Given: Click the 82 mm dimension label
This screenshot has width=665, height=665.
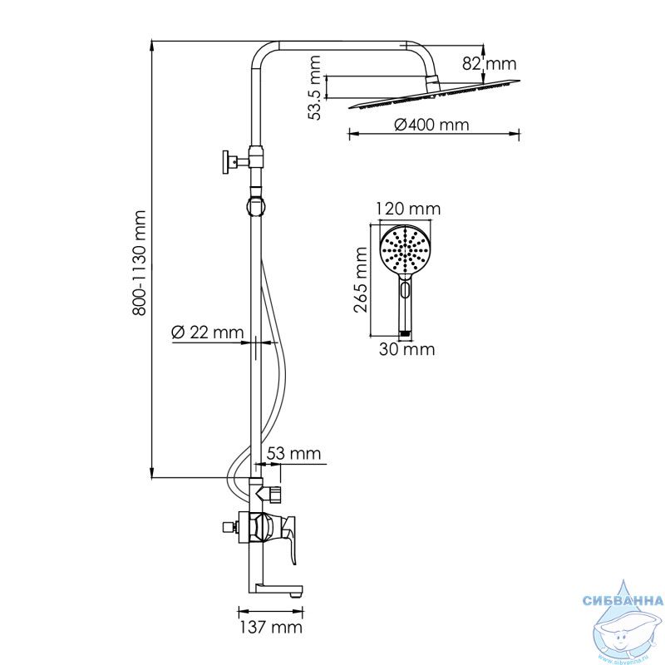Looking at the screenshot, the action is coord(489,64).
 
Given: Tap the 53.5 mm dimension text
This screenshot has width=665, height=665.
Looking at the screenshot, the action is coord(315,87).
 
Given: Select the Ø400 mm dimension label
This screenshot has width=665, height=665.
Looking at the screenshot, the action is coord(431,125).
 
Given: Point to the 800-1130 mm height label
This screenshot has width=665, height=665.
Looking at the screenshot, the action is coord(139,263).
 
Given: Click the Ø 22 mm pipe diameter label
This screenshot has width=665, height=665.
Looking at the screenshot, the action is coord(207,332).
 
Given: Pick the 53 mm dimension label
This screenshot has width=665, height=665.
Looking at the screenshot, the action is coord(293,453).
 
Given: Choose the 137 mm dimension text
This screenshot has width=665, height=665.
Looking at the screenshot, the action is coord(271,627).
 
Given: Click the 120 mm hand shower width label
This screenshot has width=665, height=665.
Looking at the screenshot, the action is coord(408,209).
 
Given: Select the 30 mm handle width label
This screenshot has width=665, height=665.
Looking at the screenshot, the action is coord(406,349).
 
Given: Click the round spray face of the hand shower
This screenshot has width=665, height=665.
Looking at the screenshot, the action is coord(405,250).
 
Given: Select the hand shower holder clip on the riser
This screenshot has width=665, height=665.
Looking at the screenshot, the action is coord(255,205).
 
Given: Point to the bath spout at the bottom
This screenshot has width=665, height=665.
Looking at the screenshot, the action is coord(276,591).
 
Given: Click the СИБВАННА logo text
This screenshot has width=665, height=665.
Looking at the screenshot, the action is coord(623,600).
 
